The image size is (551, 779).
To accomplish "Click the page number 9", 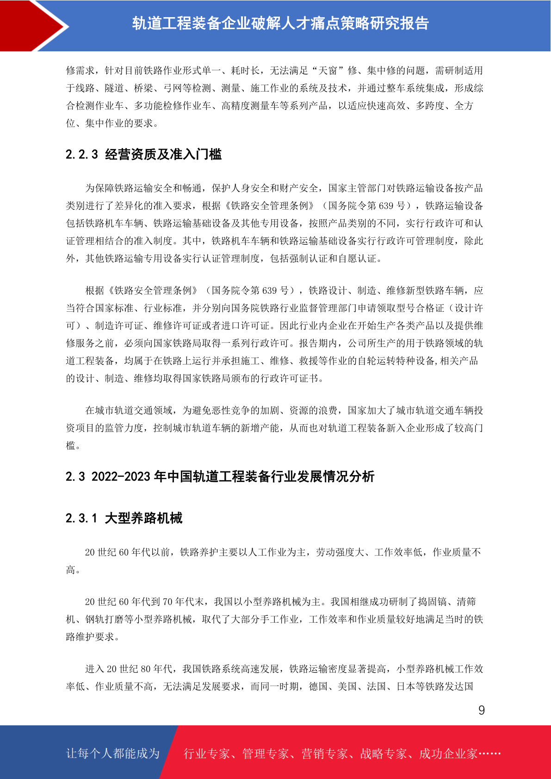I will point(481,711).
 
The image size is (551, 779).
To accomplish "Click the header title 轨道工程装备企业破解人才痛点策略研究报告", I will point(280,23).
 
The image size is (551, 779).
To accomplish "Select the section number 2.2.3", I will point(82,155).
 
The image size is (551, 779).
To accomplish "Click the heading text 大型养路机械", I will point(143,518).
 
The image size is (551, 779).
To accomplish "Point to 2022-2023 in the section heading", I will point(121,476).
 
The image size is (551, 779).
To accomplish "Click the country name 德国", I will point(318,686).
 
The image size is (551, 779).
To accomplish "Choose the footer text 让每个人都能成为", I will point(113,754).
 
